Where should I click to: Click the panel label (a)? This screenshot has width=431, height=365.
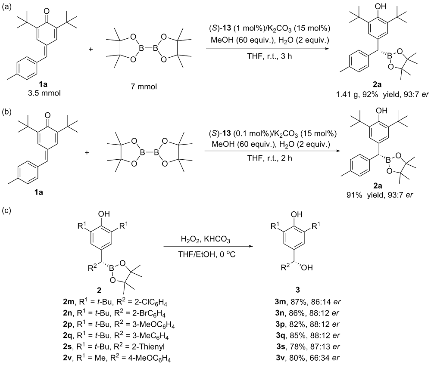pos(6,7)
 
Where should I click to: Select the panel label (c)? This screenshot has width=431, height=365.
pos(6,210)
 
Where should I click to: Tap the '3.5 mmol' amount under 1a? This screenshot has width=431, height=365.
pos(44,93)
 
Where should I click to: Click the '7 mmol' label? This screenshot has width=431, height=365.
pos(144,87)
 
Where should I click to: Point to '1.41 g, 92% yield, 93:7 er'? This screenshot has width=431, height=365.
pos(382,94)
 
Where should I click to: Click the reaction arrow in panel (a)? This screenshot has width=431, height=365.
pos(268,49)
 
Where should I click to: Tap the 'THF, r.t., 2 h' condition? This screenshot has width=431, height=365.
pos(270,158)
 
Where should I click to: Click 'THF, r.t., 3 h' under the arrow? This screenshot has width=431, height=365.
pos(269,56)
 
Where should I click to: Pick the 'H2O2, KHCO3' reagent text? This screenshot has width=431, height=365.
pos(205,239)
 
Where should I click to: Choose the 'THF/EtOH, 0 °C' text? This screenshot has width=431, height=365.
pos(206,254)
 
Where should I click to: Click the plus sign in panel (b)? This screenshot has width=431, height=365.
pos(87,152)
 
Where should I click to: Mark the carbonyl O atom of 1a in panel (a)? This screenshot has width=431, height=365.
pos(47,11)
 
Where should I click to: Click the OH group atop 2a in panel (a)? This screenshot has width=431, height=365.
pos(381,6)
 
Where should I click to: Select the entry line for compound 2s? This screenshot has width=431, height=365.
pos(114,346)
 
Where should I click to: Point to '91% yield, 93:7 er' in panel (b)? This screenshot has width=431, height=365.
pos(380,195)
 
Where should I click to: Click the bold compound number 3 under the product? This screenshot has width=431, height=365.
pos(297,290)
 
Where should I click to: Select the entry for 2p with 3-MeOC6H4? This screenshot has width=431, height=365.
pos(119,325)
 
